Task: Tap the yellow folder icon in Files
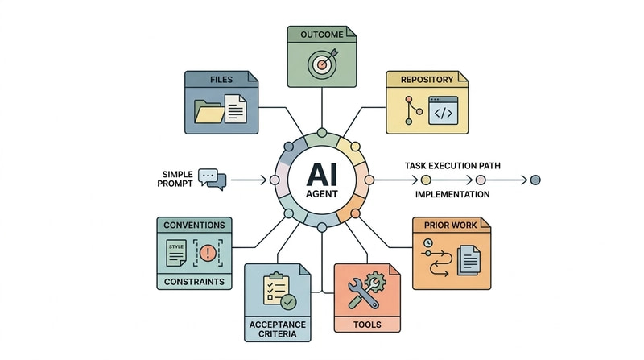[x=209, y=112]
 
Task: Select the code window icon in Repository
[x=444, y=110]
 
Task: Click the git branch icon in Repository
[x=412, y=110]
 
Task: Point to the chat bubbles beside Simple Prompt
[x=213, y=179]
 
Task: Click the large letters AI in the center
[x=322, y=175]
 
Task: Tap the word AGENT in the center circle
[x=322, y=194]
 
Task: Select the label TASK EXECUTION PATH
[x=452, y=166]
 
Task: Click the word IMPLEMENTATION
[x=452, y=194]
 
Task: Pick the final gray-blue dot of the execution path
[x=535, y=180]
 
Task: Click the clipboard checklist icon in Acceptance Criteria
[x=276, y=288]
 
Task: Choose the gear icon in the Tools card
[x=376, y=282]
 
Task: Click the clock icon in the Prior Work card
[x=428, y=242]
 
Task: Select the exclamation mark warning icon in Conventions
[x=208, y=252]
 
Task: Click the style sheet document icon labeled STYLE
[x=176, y=253]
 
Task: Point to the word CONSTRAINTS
[x=194, y=282]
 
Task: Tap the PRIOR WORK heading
[x=450, y=226]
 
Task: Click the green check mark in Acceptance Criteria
[x=289, y=302]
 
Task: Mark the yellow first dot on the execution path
[x=426, y=180]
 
